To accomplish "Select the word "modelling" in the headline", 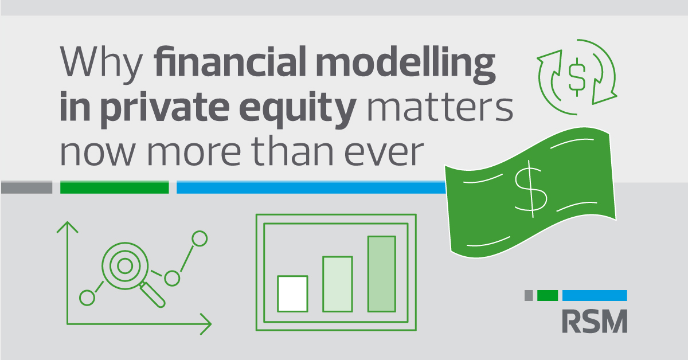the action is (405, 65).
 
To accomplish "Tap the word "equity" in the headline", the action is (298, 109).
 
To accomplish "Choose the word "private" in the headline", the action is (165, 109).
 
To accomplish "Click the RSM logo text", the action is (595, 321).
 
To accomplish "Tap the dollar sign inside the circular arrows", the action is (577, 77).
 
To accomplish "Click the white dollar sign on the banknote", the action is (531, 189).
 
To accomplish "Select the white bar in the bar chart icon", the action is (292, 294).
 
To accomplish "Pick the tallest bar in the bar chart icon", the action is (381, 274).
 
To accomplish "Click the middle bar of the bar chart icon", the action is (337, 284).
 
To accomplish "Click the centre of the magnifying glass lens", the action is (125, 266).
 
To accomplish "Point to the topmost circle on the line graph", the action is (200, 238).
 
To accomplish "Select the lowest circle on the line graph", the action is (87, 298).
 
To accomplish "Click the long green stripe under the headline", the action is (114, 187).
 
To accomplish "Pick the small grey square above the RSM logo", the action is (529, 295).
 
